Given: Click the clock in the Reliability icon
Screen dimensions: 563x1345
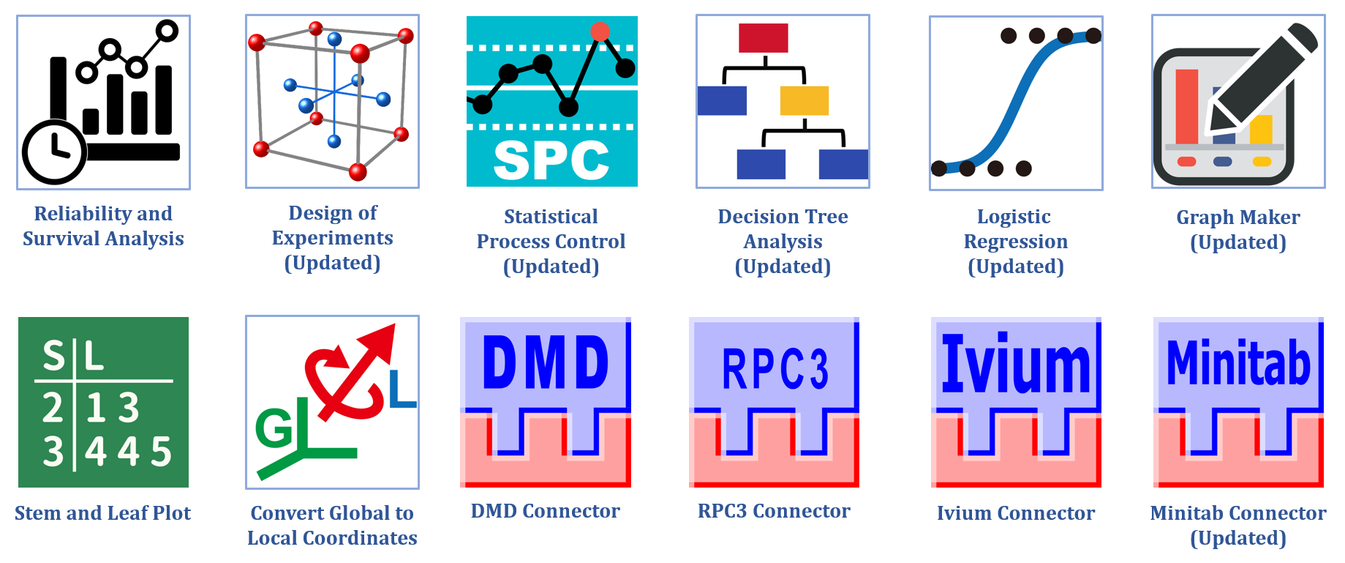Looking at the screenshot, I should coord(54,152).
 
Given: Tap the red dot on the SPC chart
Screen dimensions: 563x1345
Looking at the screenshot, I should coord(600,31).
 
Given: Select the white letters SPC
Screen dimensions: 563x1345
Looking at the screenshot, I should coord(551,160).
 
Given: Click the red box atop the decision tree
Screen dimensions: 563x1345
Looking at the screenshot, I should coord(763,38).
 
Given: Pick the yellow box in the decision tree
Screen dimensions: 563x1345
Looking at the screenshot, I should coord(804,100).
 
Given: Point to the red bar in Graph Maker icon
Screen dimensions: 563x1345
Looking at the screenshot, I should coord(1186,106).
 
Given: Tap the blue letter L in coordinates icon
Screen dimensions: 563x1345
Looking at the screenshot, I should coord(402,389).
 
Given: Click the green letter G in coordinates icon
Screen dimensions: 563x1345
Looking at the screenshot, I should coord(274,428).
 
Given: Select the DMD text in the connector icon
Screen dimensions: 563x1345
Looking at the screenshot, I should coord(546,362).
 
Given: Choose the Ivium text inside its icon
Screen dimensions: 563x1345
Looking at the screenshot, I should coord(1016,364).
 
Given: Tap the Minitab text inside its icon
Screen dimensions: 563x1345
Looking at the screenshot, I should coord(1238,362).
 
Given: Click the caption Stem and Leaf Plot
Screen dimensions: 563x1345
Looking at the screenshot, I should coord(103,513).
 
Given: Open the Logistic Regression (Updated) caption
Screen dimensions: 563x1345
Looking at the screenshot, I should coord(1015,242).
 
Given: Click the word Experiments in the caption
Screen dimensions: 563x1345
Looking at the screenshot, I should coord(332,238).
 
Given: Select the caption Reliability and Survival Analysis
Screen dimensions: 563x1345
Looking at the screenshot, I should coord(103,226).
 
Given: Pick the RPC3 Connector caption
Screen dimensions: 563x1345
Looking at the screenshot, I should coord(774,511).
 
